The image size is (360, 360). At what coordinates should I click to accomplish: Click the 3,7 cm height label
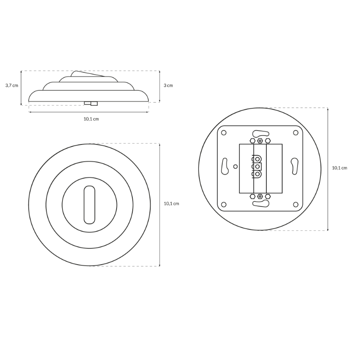[12, 85]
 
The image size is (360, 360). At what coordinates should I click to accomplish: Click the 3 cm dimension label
[168, 85]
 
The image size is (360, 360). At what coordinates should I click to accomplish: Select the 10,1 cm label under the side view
[91, 119]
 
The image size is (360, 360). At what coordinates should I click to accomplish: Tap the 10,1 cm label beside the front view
[171, 204]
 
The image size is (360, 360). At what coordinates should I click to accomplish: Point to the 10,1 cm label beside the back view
[340, 168]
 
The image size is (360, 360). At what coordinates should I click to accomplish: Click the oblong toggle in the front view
[89, 205]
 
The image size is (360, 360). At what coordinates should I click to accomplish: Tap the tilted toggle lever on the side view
[87, 74]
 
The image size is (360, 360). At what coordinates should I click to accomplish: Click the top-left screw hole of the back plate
[224, 133]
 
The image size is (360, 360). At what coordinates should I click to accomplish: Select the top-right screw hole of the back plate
[296, 133]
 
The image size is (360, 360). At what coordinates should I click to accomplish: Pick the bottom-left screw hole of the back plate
[224, 204]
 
